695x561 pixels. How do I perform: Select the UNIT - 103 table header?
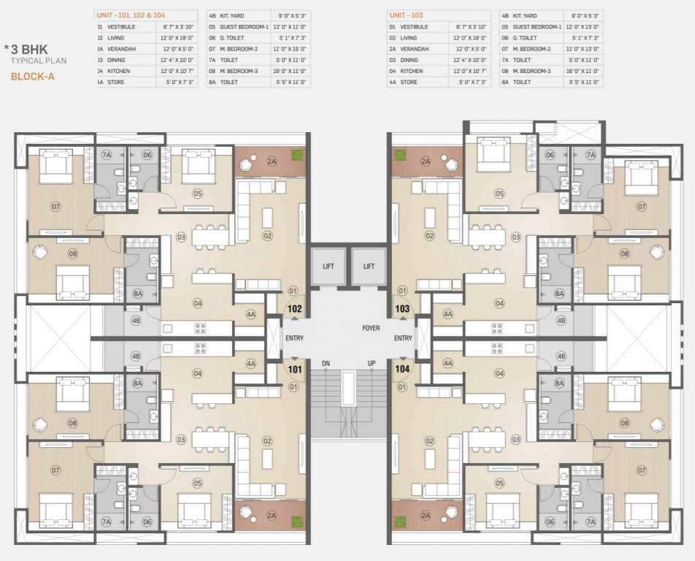[407, 15]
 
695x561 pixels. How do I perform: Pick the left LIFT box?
[329, 267]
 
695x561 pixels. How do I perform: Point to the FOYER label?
[371, 329]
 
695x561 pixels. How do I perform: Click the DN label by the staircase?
[326, 364]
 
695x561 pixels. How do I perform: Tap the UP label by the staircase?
[372, 364]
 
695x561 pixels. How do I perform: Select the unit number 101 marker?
[294, 370]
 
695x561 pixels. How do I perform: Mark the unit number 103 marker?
[402, 309]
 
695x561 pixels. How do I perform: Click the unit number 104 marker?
[402, 370]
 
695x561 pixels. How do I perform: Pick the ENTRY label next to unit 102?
[295, 338]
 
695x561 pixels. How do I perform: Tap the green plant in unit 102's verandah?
[297, 155]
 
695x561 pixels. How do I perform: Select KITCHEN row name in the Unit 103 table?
[412, 71]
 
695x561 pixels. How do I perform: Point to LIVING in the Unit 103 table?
[408, 37]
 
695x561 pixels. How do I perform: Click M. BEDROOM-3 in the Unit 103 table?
[532, 71]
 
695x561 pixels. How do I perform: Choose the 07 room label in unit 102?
[55, 207]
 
